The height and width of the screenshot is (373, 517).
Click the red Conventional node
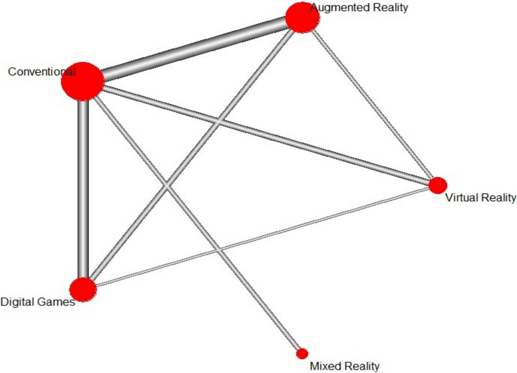tap(83, 81)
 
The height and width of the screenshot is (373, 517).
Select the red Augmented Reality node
tap(302, 18)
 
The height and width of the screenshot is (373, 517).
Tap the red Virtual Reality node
tap(437, 185)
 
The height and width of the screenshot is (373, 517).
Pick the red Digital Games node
tap(83, 289)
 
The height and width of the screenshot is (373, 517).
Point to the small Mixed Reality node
tap(302, 353)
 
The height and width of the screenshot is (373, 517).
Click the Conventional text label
tap(41, 72)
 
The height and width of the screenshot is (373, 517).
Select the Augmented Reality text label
tap(359, 7)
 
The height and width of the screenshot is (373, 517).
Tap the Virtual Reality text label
tap(481, 198)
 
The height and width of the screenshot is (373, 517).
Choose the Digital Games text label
tap(38, 302)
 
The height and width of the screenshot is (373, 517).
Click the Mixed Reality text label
tap(344, 366)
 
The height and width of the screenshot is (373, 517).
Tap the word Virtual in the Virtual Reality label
tap(462, 198)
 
